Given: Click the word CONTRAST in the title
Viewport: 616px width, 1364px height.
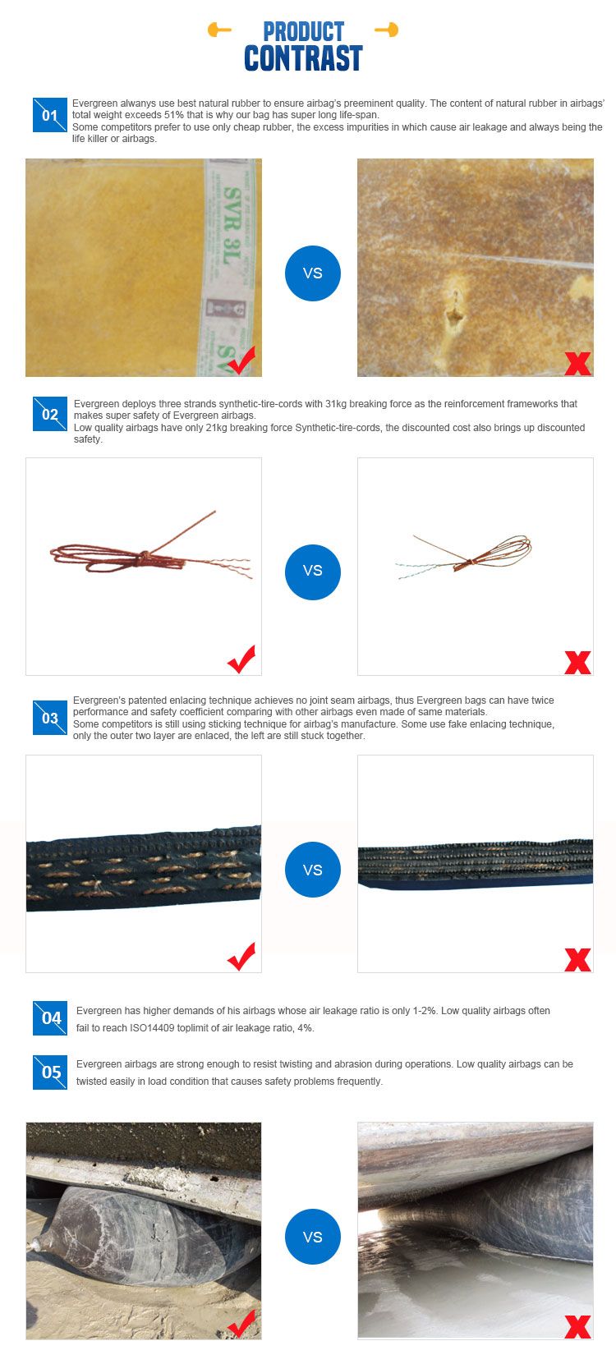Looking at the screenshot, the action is (303, 58).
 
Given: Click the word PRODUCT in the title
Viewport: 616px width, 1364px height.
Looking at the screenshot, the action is (303, 32).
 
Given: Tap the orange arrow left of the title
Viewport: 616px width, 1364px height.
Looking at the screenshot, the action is (219, 30).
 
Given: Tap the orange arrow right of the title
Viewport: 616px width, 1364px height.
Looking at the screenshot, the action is (386, 30).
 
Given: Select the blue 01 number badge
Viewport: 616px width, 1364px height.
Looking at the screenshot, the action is (49, 114).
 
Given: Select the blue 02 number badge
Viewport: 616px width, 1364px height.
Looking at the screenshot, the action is (49, 414).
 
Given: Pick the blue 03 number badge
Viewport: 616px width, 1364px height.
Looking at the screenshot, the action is (49, 718).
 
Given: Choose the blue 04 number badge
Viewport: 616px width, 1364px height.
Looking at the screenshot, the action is (49, 1018).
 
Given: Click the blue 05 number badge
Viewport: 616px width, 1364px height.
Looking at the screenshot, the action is (49, 1072).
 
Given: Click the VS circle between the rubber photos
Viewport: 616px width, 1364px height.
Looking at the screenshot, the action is (313, 273).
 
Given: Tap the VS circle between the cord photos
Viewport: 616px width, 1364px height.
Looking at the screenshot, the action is (313, 572).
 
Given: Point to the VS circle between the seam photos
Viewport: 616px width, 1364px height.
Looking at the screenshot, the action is (313, 870).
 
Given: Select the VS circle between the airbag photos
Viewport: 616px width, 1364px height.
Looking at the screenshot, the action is (313, 1237).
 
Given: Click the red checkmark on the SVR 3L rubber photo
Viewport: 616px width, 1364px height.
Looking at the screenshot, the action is (242, 361).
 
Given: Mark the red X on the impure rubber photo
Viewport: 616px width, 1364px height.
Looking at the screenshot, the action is (578, 364).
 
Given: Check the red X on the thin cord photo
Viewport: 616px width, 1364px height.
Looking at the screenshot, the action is (578, 663).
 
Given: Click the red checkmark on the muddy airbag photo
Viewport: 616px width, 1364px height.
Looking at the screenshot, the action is (242, 1324).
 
